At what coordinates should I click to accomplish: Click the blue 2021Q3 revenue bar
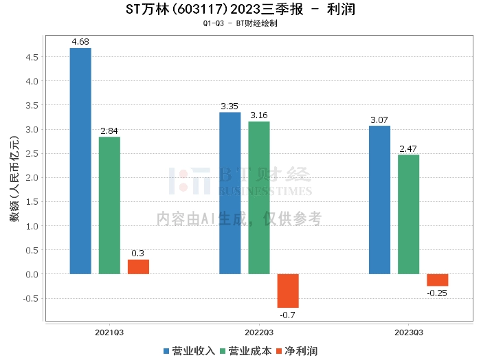point(80,161)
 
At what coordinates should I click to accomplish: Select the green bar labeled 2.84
point(109,205)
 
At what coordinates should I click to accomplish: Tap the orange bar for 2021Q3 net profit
point(138,267)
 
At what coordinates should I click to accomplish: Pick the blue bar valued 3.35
point(230,193)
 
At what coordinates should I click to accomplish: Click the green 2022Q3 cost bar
point(259,198)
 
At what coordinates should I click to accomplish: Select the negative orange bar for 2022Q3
point(288,291)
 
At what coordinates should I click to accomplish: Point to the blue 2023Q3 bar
point(379,200)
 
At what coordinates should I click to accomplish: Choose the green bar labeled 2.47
point(409,214)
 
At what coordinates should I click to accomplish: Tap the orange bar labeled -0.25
point(438,280)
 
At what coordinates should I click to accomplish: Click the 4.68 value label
point(80,42)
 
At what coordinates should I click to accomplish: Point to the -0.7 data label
point(287,315)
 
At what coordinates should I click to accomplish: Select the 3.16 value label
point(259,115)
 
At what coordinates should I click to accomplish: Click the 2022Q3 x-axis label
point(259,333)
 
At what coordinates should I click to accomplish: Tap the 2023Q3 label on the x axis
point(409,333)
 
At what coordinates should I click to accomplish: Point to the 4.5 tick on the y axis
point(32,57)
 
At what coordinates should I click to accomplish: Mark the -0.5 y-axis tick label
point(31,299)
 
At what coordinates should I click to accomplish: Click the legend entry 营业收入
point(189,351)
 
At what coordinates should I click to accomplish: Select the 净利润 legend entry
point(297,351)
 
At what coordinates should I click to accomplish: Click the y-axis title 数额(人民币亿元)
point(14,179)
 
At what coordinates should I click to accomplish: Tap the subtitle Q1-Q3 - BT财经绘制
point(240,23)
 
